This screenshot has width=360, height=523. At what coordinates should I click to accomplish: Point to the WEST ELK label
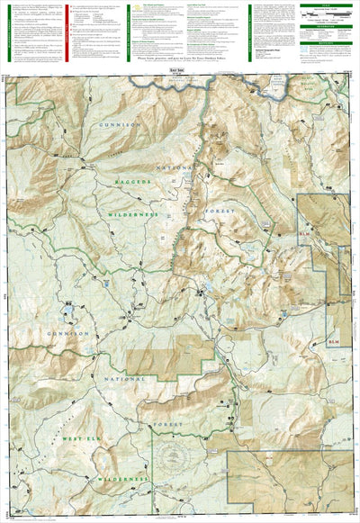(x=81, y=438)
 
